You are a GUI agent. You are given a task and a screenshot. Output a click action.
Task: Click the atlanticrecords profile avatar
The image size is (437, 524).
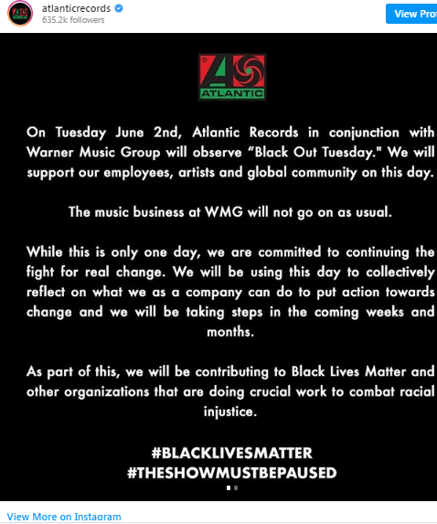[20, 14]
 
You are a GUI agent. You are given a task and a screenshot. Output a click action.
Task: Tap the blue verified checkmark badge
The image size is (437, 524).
[119, 8]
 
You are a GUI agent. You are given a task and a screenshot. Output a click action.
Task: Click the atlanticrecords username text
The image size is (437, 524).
[76, 8]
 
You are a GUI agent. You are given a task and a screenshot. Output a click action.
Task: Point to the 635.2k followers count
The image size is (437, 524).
[73, 20]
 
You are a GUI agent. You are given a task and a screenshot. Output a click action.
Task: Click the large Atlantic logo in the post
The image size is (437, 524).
[232, 77]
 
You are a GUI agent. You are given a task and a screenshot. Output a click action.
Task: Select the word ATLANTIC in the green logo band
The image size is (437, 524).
[232, 93]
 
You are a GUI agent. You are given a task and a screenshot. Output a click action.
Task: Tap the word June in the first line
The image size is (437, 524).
[130, 133]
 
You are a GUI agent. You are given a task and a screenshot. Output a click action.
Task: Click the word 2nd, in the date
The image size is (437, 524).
[167, 133]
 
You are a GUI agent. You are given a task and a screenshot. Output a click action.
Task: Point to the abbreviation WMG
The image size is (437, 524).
[223, 212]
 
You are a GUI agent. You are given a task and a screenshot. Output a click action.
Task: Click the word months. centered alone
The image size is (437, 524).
[230, 332]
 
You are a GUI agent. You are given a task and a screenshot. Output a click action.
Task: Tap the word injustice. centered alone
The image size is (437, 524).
[230, 412]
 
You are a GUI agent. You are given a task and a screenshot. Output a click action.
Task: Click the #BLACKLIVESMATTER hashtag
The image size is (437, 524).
[232, 454]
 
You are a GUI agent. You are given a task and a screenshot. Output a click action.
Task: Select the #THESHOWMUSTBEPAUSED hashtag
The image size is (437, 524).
[232, 473]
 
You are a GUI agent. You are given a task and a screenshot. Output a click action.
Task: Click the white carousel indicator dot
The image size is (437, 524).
[229, 488]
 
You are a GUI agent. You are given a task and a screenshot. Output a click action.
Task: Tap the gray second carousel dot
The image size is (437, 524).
[236, 488]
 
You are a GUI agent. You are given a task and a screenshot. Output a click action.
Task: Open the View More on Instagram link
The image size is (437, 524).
[64, 517]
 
